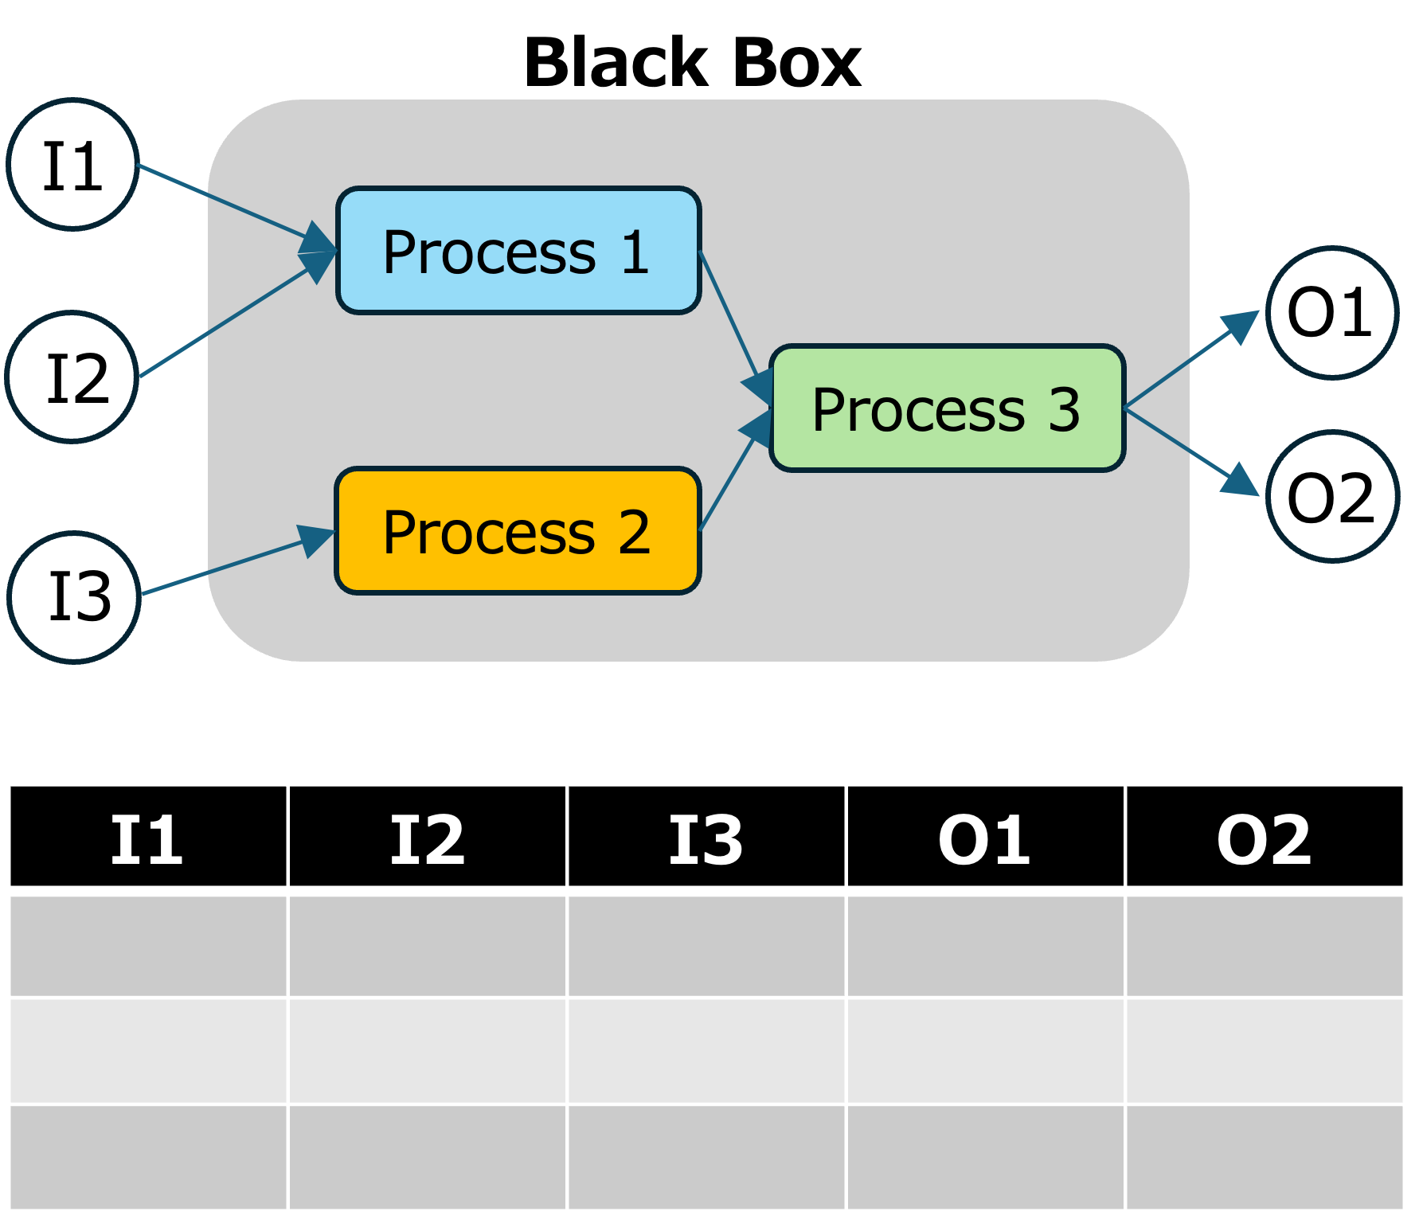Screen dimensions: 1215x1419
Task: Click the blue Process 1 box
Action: (518, 251)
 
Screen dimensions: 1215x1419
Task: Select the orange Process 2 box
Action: (518, 531)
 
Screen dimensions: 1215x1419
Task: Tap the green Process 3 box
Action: (947, 408)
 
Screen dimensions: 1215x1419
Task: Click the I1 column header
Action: (147, 837)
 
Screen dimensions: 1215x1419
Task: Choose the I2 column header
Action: (427, 837)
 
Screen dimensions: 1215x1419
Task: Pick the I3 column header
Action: (706, 837)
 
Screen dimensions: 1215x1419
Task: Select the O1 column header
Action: (985, 837)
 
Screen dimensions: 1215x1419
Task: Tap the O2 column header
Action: (1265, 837)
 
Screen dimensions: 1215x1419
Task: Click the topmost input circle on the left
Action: (73, 164)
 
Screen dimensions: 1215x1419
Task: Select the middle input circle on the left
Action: (72, 377)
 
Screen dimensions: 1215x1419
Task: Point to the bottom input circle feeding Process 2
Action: (74, 597)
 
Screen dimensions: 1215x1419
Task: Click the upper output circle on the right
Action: (1332, 313)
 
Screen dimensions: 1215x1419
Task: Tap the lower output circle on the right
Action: (1332, 497)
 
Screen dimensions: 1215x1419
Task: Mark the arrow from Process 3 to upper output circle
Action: (1186, 363)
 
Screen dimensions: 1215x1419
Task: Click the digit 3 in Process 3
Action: (1064, 411)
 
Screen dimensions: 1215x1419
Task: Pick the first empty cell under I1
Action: (147, 946)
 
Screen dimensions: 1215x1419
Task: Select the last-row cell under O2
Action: (1265, 1157)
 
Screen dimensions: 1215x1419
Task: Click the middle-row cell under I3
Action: (706, 1051)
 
